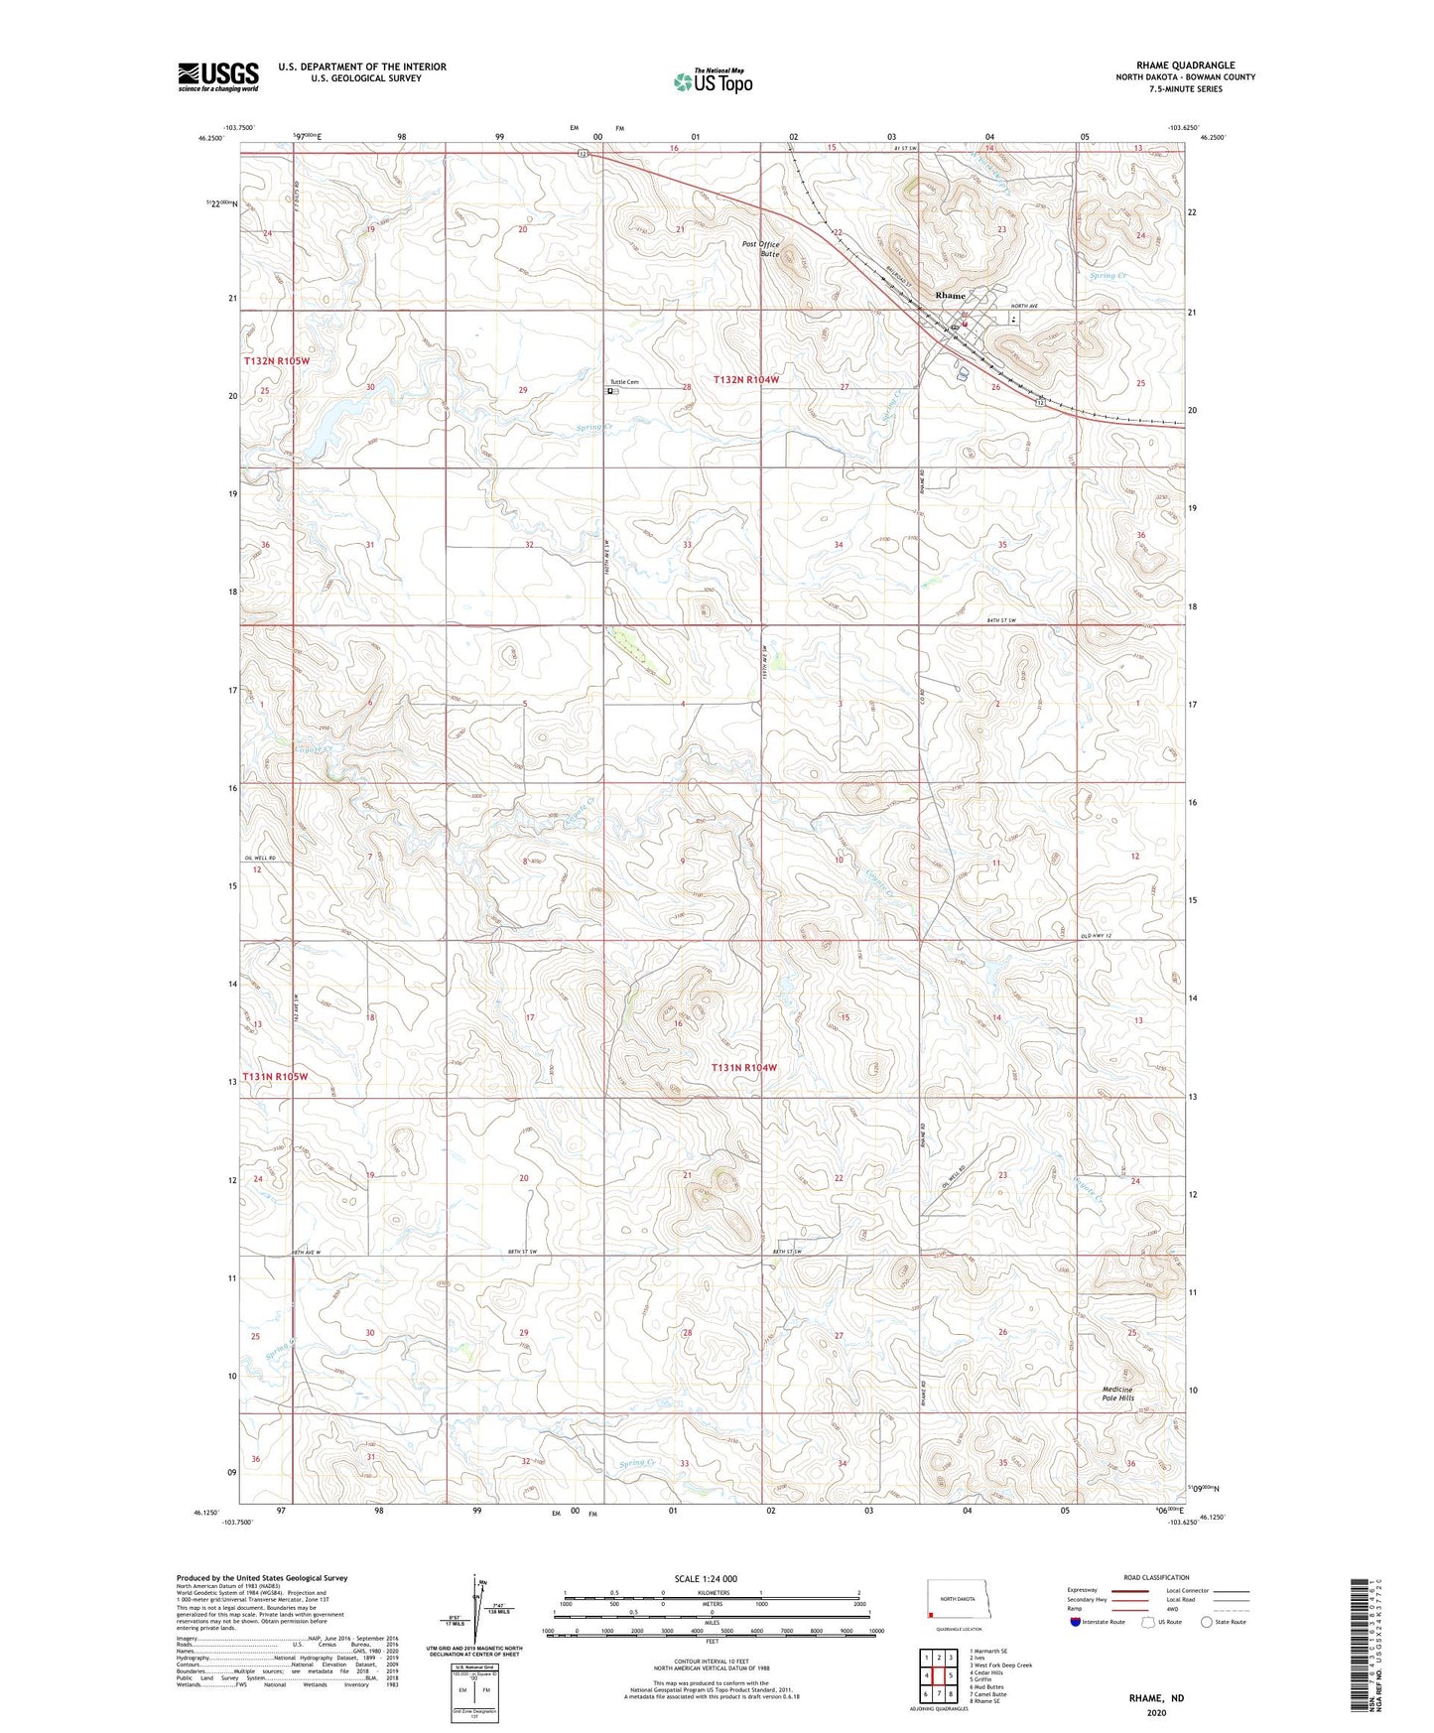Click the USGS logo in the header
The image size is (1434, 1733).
217,76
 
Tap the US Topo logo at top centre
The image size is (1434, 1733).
712,81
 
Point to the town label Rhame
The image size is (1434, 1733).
950,296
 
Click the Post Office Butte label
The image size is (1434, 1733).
761,249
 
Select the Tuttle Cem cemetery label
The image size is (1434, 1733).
625,382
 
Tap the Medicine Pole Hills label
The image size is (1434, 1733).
1117,1394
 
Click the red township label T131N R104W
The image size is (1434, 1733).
743,1068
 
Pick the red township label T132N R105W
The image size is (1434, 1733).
277,361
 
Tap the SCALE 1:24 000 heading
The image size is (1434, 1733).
706,1578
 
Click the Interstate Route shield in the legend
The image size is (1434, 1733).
1075,1622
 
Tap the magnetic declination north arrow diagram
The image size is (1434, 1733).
480,1614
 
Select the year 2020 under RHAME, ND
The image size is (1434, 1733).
1155,1713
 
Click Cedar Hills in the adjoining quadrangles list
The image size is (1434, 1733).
987,1672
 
